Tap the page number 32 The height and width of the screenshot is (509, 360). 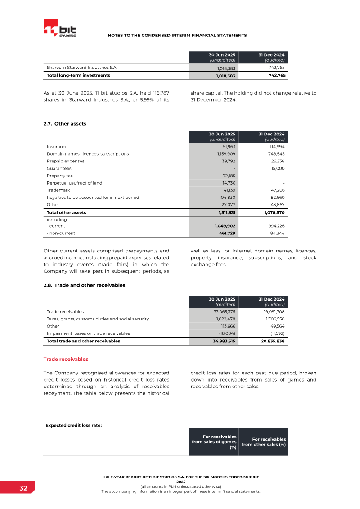pyautogui.click(x=23, y=488)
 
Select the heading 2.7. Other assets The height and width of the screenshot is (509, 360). pyautogui.click(x=65, y=123)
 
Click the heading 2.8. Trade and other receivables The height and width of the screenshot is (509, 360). pyautogui.click(x=84, y=285)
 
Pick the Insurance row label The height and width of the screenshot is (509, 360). pyautogui.click(x=57, y=147)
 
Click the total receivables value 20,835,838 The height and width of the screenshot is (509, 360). pyautogui.click(x=272, y=342)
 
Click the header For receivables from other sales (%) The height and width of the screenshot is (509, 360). pyautogui.click(x=263, y=442)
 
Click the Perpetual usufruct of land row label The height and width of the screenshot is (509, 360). pyautogui.click(x=74, y=183)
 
